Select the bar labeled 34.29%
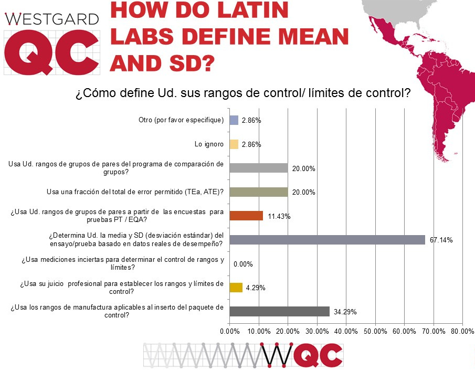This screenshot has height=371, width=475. [279, 311]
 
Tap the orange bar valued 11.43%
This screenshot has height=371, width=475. [246, 216]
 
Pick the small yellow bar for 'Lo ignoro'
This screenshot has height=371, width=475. [234, 144]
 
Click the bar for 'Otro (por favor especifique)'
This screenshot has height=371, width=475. [234, 120]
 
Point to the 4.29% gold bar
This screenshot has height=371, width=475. [236, 287]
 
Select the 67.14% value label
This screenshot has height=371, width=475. [441, 240]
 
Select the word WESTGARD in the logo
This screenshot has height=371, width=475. [51, 19]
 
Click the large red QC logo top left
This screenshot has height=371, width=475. [51, 54]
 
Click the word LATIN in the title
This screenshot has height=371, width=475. [246, 12]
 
